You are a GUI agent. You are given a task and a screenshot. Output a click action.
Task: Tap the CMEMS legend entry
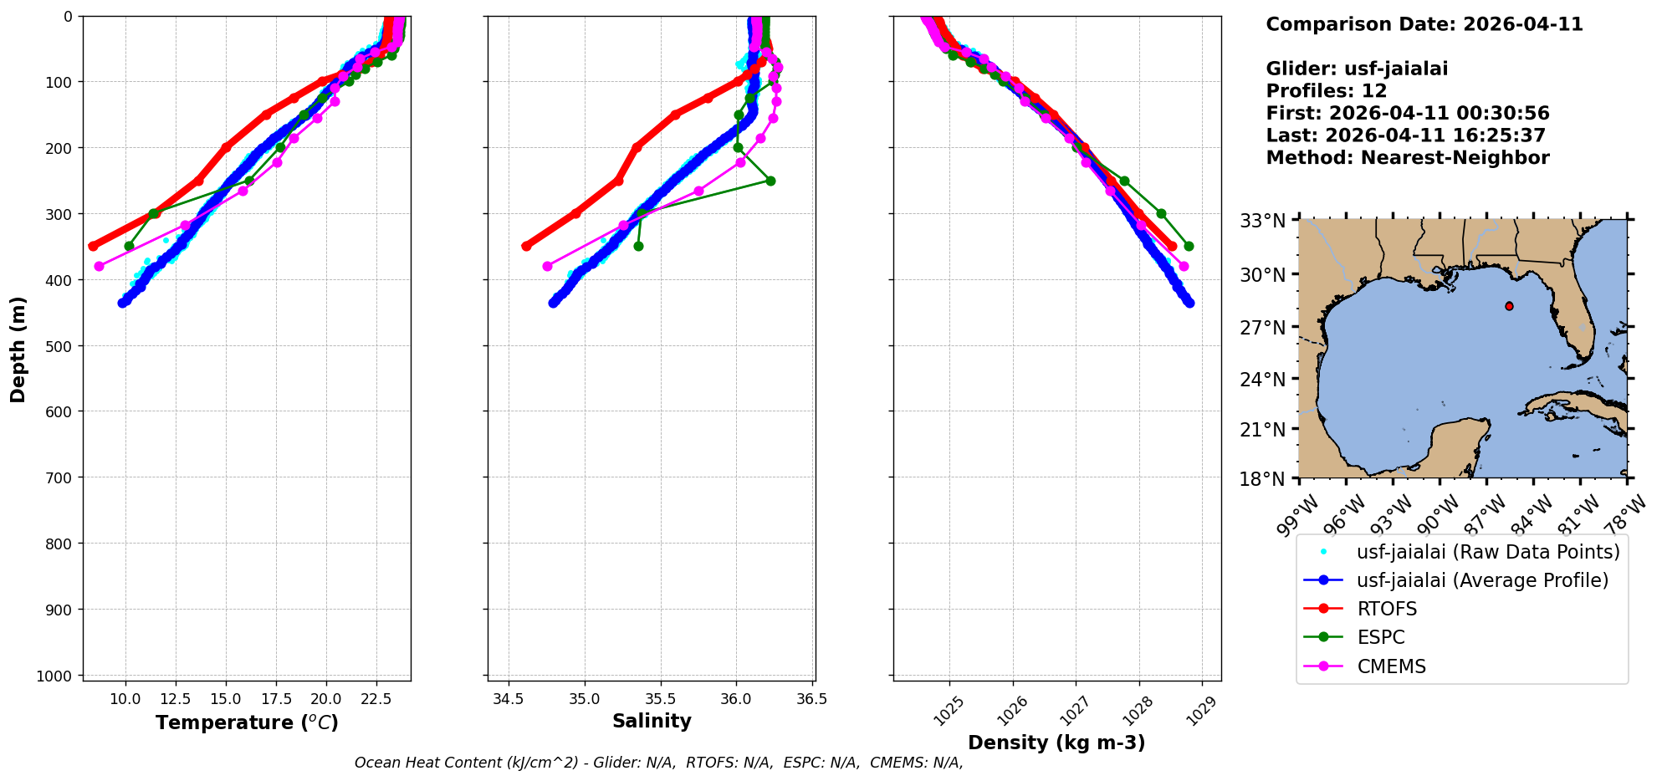tap(1391, 666)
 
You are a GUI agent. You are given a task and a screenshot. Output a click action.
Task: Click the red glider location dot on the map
tap(1509, 306)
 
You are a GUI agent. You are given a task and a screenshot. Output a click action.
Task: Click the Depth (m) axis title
tap(18, 349)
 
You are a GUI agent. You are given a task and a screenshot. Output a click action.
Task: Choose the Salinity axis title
tap(652, 722)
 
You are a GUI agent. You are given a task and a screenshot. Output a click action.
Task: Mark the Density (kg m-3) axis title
tap(1056, 743)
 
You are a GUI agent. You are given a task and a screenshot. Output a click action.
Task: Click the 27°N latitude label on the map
tap(1262, 327)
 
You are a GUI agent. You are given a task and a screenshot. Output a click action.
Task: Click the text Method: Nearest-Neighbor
tap(1407, 158)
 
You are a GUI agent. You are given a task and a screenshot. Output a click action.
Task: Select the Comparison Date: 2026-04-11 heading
tap(1424, 24)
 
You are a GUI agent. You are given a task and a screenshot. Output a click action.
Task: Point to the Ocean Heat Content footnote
tap(658, 763)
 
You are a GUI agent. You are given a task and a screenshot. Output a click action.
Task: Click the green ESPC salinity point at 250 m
tap(770, 181)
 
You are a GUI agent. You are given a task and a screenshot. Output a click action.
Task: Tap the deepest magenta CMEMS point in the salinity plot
tap(547, 266)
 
